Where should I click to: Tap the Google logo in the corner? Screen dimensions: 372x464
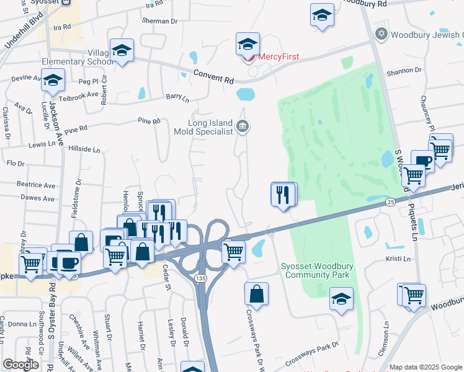click(x=21, y=364)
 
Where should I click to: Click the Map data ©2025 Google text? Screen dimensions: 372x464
click(x=425, y=367)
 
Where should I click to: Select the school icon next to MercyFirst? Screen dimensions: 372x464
click(x=248, y=45)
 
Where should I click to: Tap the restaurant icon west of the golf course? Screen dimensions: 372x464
click(x=283, y=195)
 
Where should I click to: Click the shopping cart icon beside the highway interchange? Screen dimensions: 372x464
click(x=233, y=252)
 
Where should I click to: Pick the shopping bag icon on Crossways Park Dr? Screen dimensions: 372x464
click(x=256, y=294)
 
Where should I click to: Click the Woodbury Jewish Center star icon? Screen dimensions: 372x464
click(x=381, y=33)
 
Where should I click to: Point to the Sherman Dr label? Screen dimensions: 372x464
click(x=160, y=20)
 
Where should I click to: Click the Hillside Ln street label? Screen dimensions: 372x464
click(x=84, y=149)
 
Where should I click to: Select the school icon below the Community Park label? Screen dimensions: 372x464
click(x=341, y=299)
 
